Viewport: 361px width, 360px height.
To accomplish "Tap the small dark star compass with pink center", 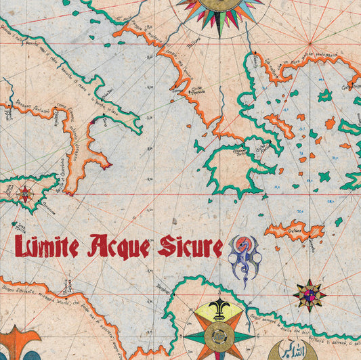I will (x=310, y=294).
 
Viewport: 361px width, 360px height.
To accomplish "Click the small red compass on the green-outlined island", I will (x=25, y=194).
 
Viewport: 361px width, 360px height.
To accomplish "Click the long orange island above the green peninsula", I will (x=278, y=125).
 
